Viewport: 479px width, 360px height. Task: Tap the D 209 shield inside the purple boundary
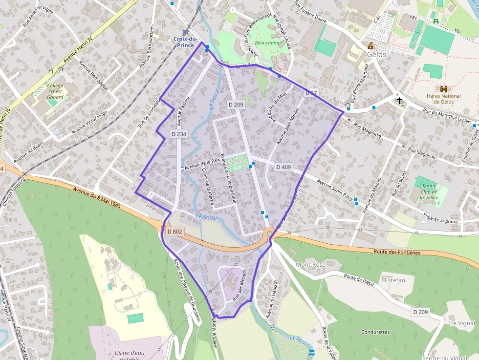tap(236, 105)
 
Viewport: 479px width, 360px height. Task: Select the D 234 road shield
tap(179, 134)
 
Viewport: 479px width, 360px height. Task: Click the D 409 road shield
tap(283, 167)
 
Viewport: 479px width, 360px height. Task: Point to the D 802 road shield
tap(174, 232)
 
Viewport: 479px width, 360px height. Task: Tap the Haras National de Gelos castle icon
tap(444, 89)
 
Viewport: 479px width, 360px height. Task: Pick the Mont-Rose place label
tap(310, 265)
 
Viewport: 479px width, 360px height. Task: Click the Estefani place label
tap(396, 280)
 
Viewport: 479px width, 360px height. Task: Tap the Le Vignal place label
tap(462, 323)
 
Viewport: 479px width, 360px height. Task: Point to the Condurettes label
tap(375, 332)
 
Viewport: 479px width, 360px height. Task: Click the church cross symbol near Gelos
tap(399, 101)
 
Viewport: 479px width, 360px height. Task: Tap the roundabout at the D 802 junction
tap(269, 233)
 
